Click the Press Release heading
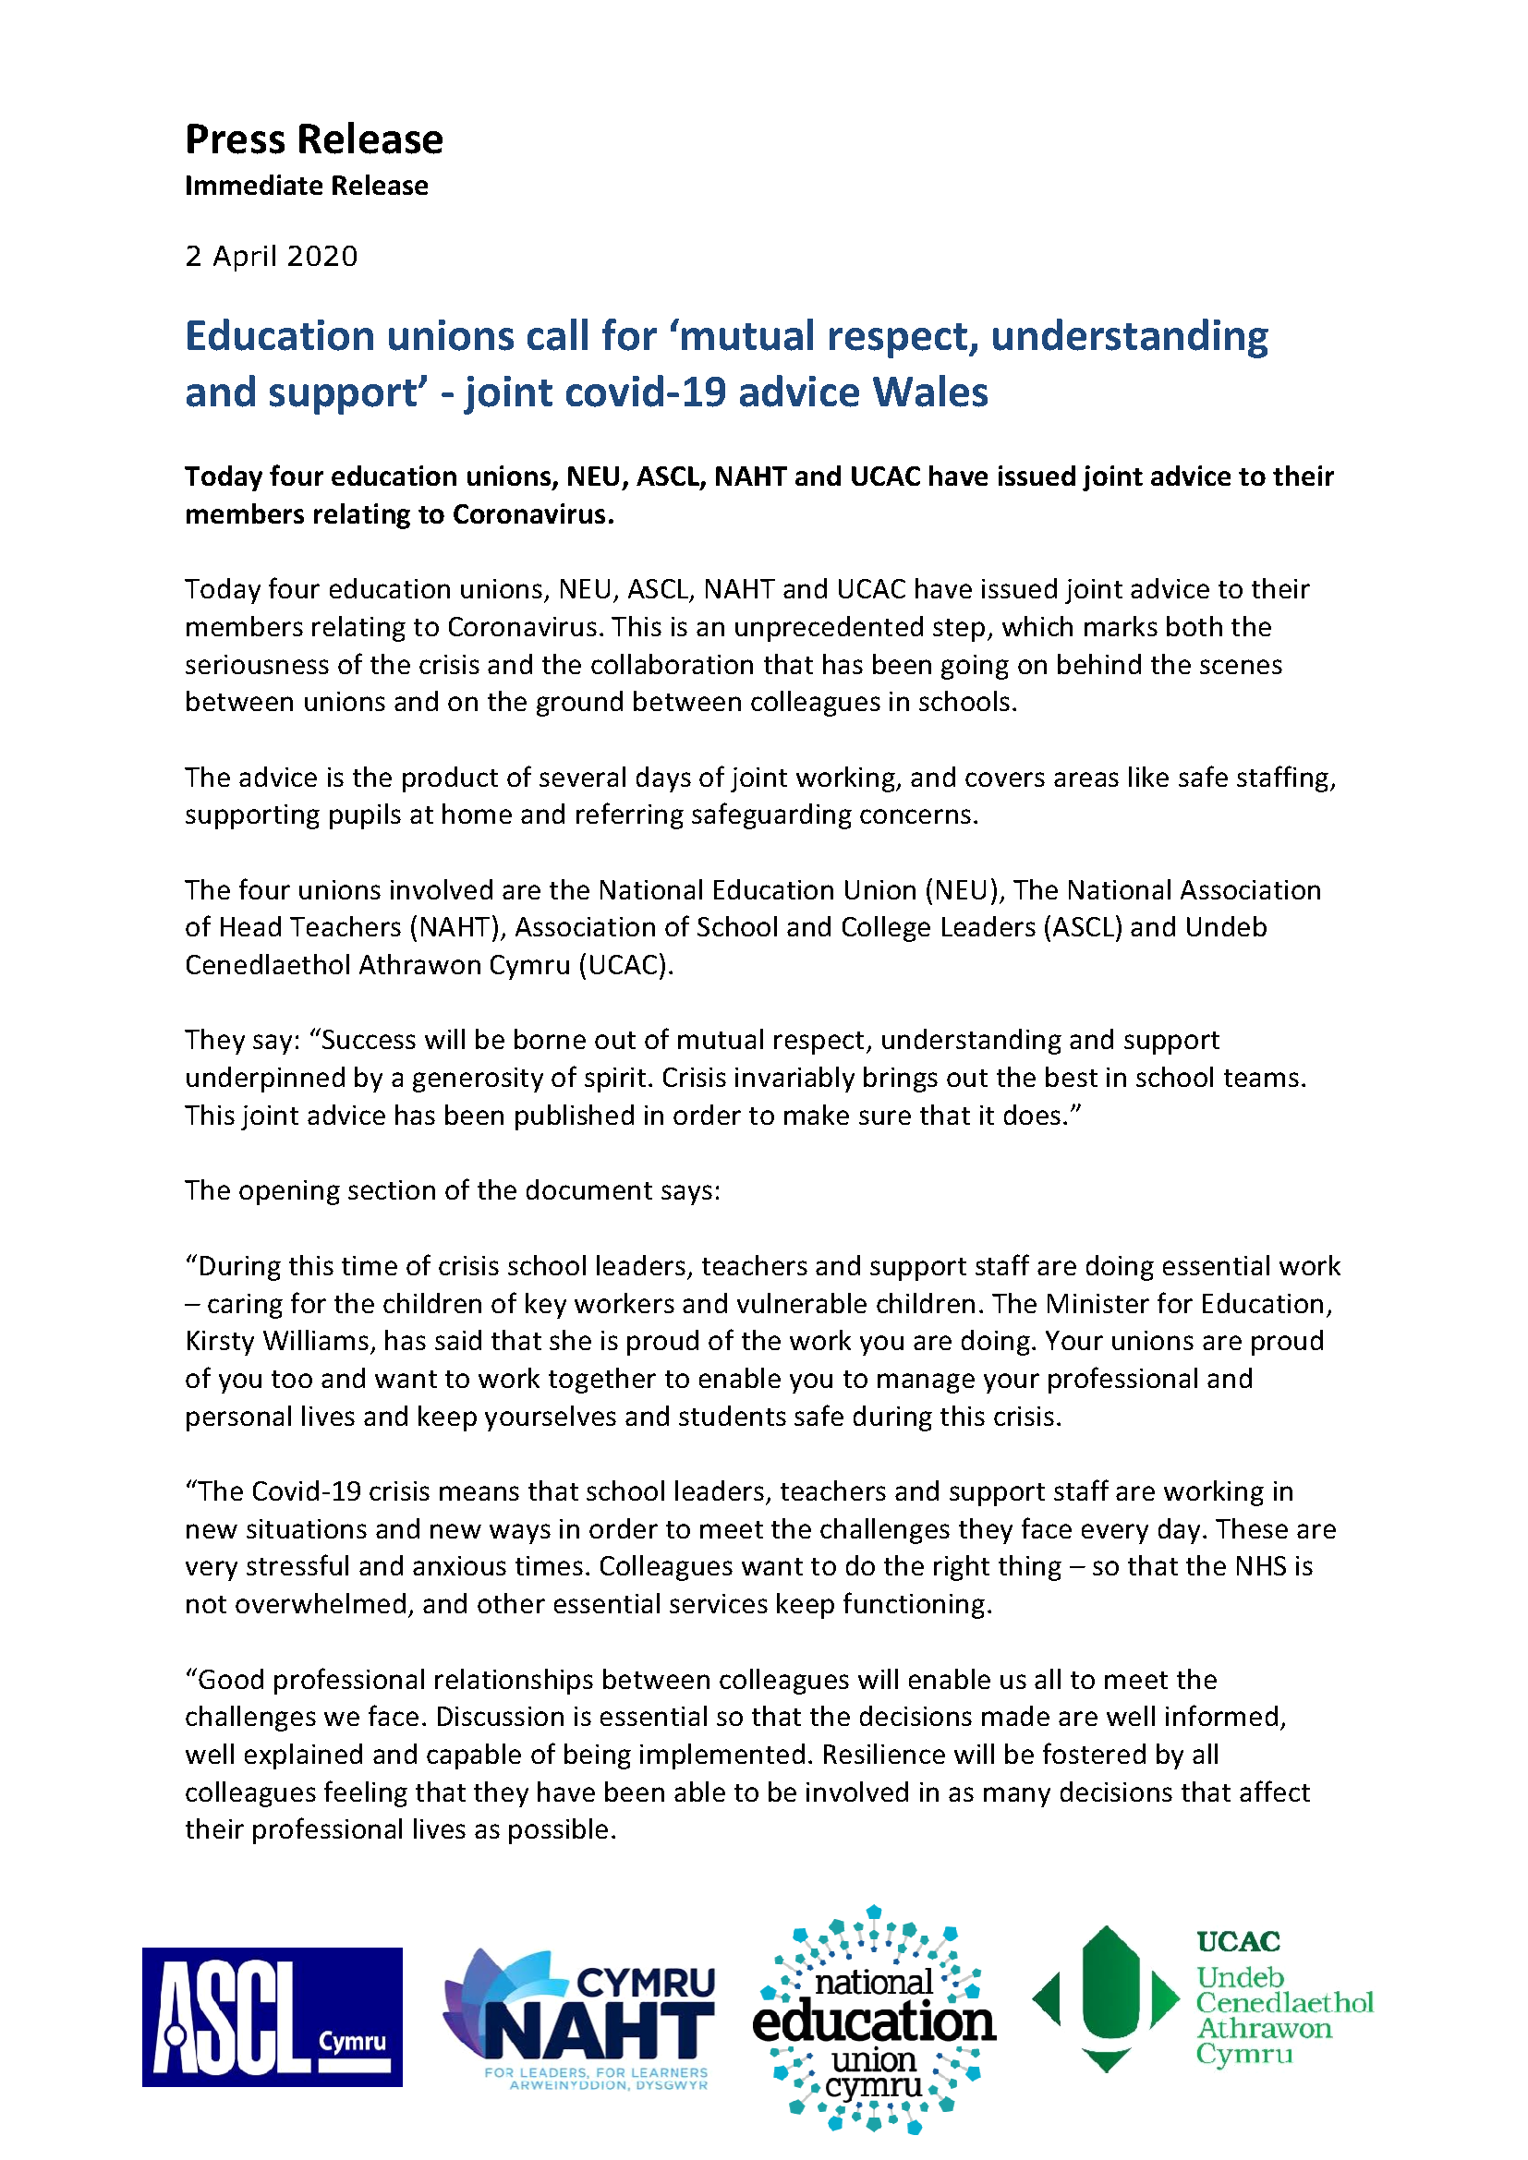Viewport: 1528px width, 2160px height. [313, 139]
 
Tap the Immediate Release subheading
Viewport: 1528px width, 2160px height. [306, 186]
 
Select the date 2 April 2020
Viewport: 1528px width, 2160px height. [271, 256]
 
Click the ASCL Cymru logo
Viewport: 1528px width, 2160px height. [272, 2016]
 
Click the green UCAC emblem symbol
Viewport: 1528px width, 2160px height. [1107, 1998]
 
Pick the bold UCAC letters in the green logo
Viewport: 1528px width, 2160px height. [1238, 1941]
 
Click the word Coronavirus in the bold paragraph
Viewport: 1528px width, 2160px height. [532, 514]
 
